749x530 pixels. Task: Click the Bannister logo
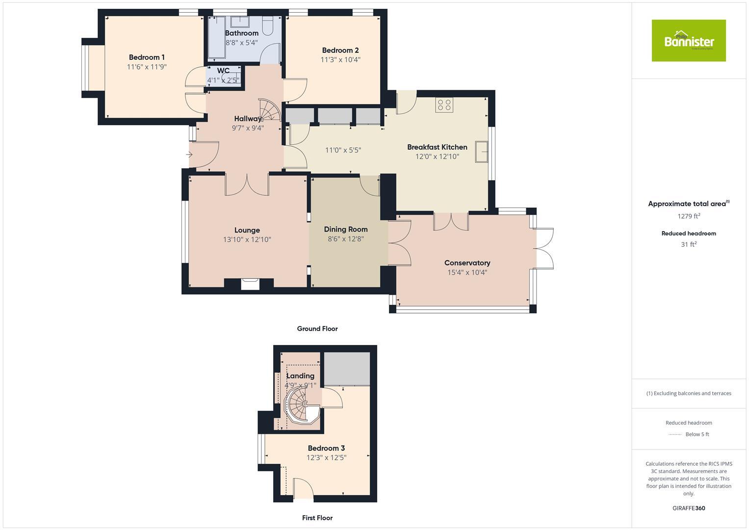pos(688,41)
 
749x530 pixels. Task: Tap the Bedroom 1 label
pos(147,57)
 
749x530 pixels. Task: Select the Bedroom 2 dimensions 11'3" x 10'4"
pos(340,60)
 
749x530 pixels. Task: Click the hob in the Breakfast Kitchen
pos(444,105)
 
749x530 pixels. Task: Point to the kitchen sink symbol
pos(481,152)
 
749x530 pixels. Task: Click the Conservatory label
pos(467,263)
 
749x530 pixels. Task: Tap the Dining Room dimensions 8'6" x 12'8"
pos(346,239)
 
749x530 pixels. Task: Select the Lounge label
pos(247,230)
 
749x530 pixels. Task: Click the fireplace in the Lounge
pos(250,284)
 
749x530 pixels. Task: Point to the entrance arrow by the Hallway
pos(189,155)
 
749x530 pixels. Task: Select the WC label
pos(223,71)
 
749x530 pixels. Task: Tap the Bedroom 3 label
pos(326,448)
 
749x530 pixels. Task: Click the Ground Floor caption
pos(317,329)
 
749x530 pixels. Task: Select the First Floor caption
pos(317,518)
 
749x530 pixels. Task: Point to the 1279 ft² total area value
pos(689,216)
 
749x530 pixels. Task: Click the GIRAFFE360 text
pos(689,508)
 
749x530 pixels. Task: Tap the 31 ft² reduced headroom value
pos(689,244)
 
